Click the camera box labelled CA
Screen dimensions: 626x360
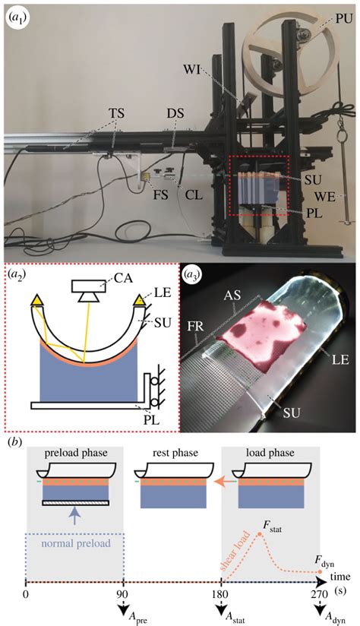click(x=91, y=286)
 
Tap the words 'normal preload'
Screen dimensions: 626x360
click(x=74, y=545)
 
